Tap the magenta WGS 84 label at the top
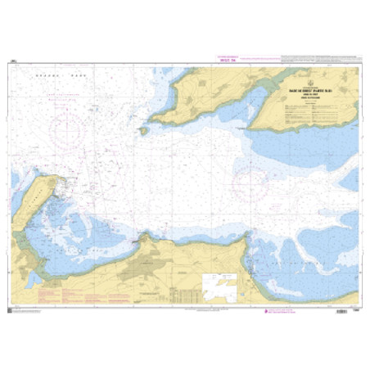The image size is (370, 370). pyautogui.click(x=226, y=59)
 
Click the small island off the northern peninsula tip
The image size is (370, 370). pyautogui.click(x=143, y=129)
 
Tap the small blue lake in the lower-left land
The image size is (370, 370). pyautogui.click(x=32, y=280)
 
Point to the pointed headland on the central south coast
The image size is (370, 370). pyautogui.click(x=145, y=237)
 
